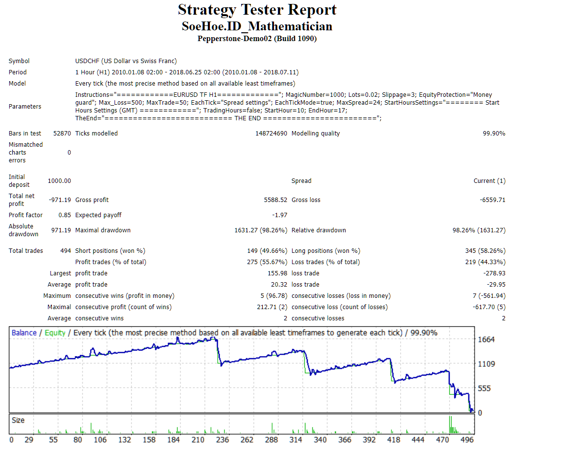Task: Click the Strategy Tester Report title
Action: coord(257,10)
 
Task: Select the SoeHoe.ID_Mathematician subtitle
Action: coord(257,26)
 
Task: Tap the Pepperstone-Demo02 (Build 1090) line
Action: coord(257,39)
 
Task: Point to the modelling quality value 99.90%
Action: coord(494,134)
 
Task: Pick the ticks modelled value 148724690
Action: coord(271,134)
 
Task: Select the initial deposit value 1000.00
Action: coord(59,181)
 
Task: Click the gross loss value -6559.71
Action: coord(493,200)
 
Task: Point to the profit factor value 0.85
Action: coord(65,215)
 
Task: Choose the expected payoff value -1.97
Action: coord(279,215)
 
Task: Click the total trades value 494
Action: coord(65,251)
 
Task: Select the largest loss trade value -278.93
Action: coord(494,273)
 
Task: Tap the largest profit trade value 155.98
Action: coord(277,273)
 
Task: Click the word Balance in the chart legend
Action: coord(24,333)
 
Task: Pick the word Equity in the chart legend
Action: coord(55,333)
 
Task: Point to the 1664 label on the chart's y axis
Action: coord(486,340)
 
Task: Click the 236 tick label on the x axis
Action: coord(223,440)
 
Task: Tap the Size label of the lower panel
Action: coord(18,420)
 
